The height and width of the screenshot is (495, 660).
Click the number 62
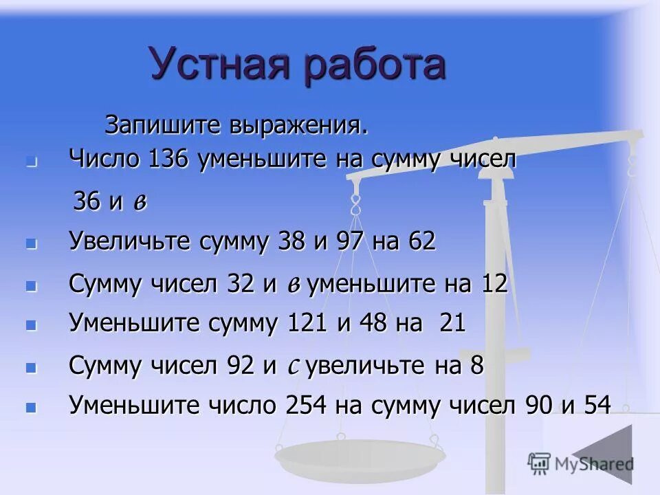421,242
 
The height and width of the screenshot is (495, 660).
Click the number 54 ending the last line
595,406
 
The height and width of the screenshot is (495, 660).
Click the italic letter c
291,367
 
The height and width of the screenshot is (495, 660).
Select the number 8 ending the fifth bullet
477,366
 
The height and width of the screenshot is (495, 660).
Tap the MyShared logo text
591,465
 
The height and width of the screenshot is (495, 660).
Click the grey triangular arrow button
608,457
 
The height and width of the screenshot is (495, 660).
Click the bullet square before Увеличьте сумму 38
30,244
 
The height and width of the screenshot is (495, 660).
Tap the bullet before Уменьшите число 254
30,408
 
